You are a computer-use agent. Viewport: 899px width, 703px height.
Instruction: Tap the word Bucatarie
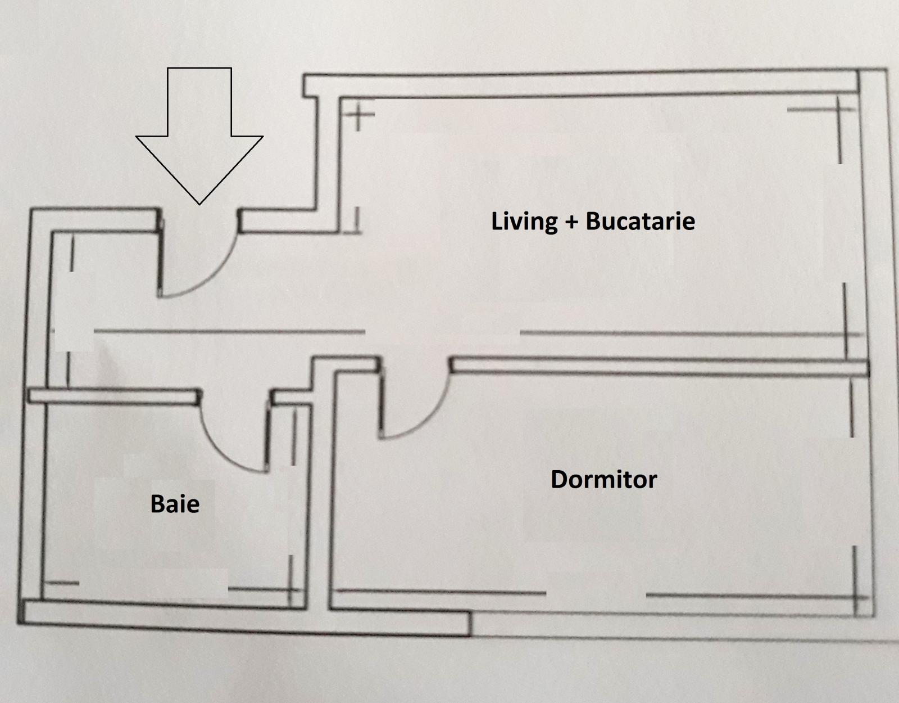coord(641,220)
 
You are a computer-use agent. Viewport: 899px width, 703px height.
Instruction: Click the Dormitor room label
coord(603,479)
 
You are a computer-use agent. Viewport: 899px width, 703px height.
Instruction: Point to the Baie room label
coord(175,504)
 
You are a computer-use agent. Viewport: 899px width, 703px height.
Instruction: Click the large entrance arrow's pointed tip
coord(199,204)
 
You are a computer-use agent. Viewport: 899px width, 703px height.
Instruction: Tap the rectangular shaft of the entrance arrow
coord(199,102)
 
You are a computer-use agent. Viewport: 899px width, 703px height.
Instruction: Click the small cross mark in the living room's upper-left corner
coord(358,114)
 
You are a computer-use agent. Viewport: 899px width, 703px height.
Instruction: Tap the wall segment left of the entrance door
coord(94,219)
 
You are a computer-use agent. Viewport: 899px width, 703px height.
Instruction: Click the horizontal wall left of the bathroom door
coord(113,396)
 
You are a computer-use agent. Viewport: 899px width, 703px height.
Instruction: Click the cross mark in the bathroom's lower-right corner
coord(290,589)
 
